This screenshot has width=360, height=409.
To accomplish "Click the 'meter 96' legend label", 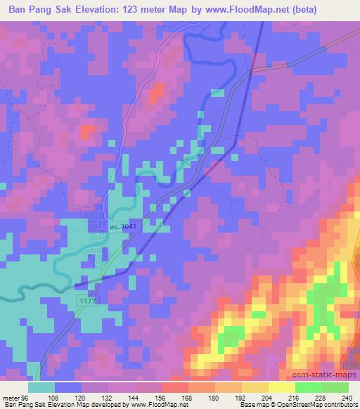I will click(16, 397).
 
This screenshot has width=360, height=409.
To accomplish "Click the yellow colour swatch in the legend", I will click(281, 387).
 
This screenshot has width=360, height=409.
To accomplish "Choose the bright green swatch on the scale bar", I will click(307, 387).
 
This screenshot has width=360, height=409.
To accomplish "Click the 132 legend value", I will click(110, 397).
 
